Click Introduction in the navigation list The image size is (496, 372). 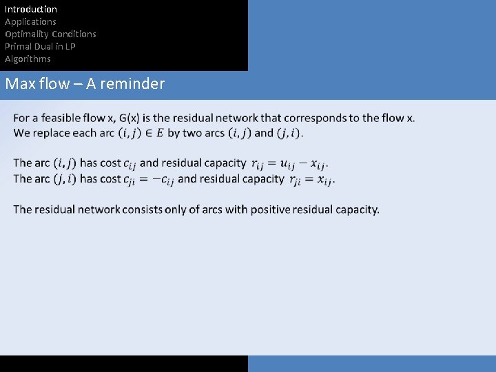[x=31, y=9]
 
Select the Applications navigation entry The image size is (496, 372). [x=30, y=21]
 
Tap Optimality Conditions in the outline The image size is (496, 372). [x=50, y=34]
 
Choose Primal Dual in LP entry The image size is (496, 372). [x=40, y=46]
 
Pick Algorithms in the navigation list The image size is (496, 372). [x=28, y=59]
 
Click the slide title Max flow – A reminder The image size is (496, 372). [x=85, y=84]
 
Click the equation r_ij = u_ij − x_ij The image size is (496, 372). [x=289, y=164]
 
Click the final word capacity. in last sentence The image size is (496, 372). [x=357, y=209]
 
